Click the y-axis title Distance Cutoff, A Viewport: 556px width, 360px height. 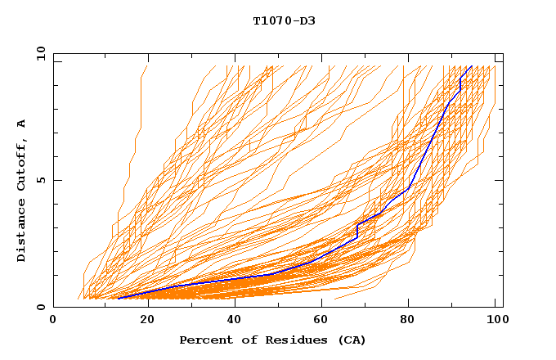click(x=21, y=190)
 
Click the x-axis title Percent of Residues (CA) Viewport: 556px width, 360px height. click(x=273, y=340)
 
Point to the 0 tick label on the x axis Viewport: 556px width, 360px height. click(x=53, y=320)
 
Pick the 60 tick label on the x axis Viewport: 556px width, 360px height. click(x=320, y=320)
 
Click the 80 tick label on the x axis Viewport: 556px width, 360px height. click(x=408, y=320)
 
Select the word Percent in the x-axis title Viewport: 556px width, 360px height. click(x=204, y=340)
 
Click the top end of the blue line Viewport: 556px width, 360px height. click(x=472, y=65)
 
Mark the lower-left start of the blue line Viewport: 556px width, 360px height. click(x=118, y=299)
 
